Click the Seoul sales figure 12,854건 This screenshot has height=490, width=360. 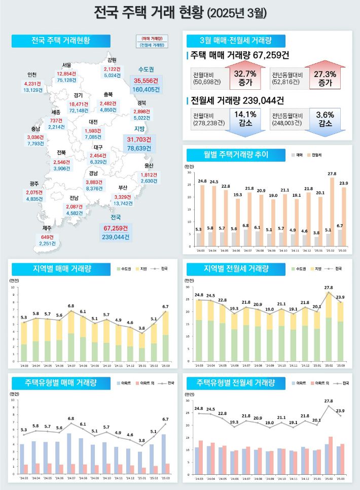(67, 74)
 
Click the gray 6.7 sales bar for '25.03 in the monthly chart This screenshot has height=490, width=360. (340, 237)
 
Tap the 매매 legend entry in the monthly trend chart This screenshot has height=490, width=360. (298, 154)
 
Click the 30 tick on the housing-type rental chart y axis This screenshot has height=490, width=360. (190, 401)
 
